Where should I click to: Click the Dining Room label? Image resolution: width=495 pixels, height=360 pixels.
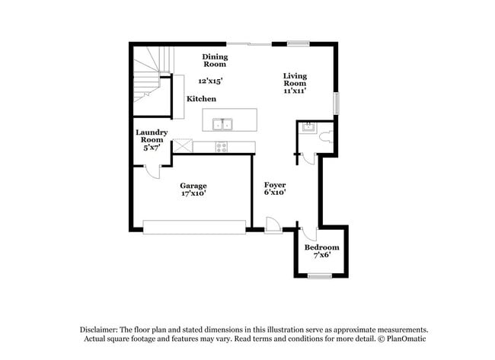[x=215, y=60]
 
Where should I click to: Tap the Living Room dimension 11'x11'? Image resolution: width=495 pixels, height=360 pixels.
[x=295, y=91]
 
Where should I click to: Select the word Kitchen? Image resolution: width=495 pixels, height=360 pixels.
[x=202, y=99]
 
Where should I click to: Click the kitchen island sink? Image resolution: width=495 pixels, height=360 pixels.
[x=222, y=123]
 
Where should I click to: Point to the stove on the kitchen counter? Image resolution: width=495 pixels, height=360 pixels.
[x=222, y=146]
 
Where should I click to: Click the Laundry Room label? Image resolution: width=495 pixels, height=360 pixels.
[x=151, y=136]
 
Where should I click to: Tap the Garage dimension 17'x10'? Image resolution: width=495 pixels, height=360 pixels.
[x=193, y=194]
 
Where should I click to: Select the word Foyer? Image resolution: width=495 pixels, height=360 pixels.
[x=275, y=185]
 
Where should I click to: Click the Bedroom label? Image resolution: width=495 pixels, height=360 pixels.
[x=321, y=248]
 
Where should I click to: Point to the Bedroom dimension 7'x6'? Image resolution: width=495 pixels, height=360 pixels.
[x=321, y=256]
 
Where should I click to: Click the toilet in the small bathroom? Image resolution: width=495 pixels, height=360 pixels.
[x=325, y=138]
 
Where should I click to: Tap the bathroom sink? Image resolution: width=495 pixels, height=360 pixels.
[x=308, y=127]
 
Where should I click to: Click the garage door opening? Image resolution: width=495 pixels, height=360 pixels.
[x=194, y=226]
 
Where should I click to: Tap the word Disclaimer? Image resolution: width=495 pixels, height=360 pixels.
[x=101, y=329]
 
